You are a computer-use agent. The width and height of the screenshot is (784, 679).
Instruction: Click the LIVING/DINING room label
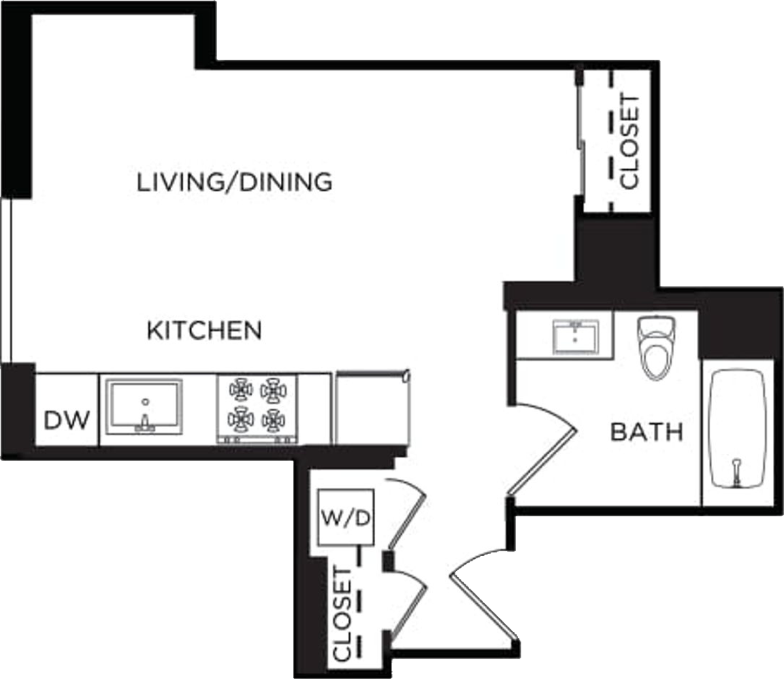pos(235,182)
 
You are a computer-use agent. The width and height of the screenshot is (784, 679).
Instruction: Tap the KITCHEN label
pos(204,330)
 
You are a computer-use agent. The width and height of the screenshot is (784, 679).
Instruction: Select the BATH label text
pos(647,432)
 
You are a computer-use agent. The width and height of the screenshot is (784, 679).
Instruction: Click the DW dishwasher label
pos(67,420)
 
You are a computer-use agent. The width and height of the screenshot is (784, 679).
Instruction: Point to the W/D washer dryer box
pos(346,517)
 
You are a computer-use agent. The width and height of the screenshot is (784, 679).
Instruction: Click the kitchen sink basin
pos(144,406)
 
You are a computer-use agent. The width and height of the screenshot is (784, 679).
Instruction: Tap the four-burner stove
pos(257,409)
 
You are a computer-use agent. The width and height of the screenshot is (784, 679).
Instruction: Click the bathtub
pos(738,429)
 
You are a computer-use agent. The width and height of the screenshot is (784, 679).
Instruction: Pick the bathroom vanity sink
pos(576,337)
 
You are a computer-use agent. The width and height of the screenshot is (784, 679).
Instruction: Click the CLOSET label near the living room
pos(630,142)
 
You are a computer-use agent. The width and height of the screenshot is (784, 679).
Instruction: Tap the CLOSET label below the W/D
pos(342,614)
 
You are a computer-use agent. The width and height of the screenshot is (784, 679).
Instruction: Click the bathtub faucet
pos(736,472)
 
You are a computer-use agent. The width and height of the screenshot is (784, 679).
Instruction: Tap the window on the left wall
pos(6,280)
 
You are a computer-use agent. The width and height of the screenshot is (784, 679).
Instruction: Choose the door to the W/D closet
pos(406,517)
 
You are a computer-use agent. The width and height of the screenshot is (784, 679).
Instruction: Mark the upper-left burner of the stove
pos(241,390)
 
